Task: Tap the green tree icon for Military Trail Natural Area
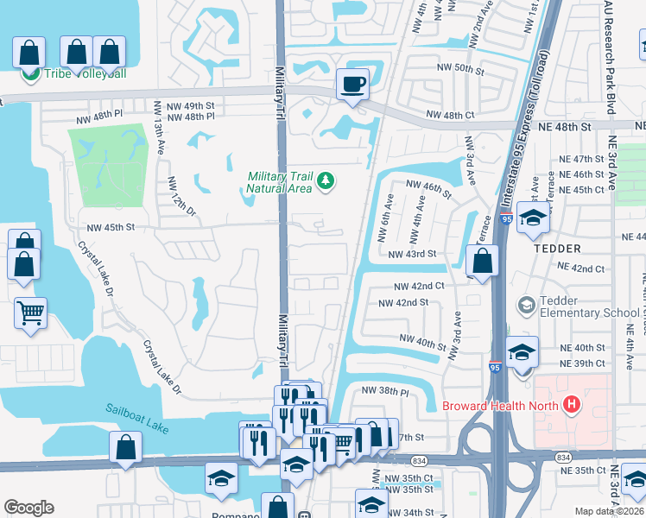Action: click(x=326, y=180)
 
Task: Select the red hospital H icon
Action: click(x=570, y=403)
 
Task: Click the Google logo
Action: click(x=28, y=508)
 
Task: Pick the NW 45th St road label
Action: click(x=111, y=228)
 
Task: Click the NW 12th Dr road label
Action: click(x=176, y=198)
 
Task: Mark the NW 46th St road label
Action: click(x=428, y=187)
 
